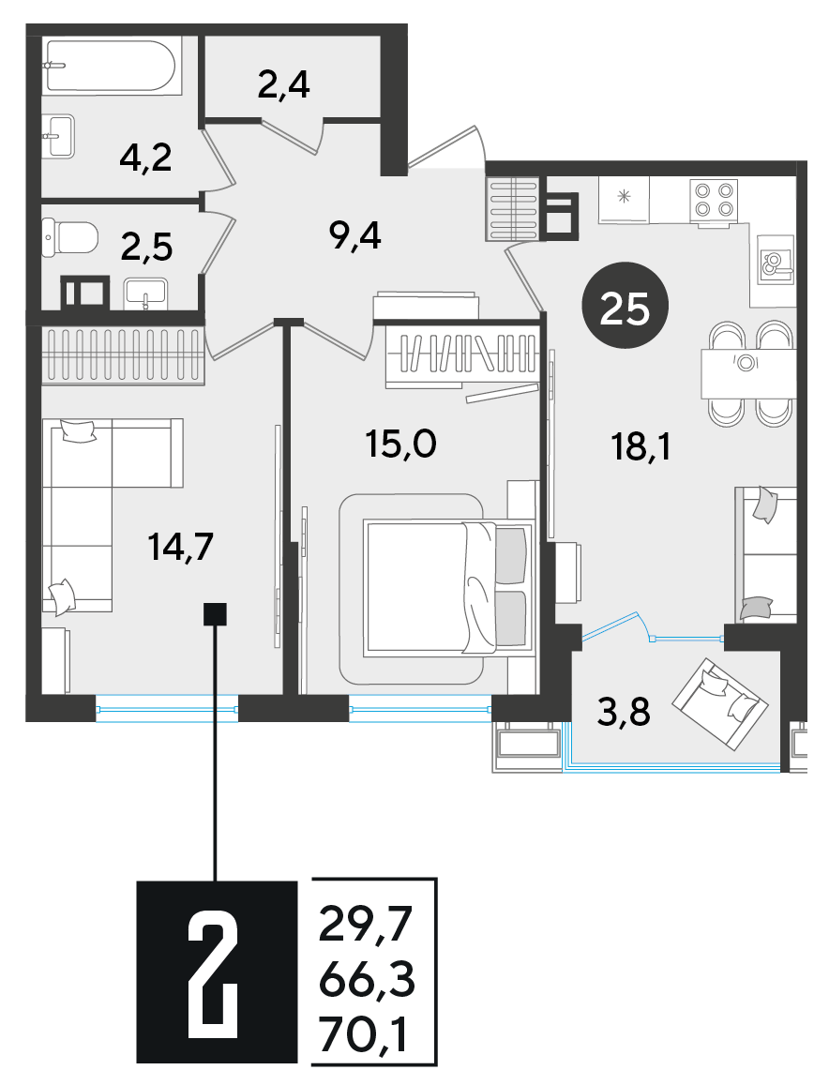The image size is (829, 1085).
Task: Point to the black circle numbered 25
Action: (625, 305)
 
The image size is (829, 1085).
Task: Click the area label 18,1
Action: (641, 447)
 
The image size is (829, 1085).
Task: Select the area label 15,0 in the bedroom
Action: (401, 444)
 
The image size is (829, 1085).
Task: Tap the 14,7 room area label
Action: (181, 547)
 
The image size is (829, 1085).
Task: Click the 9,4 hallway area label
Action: (355, 237)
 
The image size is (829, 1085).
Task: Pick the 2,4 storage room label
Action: (284, 85)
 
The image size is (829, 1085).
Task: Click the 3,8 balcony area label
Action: (625, 712)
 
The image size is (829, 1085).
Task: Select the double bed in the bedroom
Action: (448, 588)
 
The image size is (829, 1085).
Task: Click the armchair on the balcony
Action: (720, 704)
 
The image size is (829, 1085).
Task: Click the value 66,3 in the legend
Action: (367, 981)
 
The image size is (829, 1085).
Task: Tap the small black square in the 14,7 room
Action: (215, 614)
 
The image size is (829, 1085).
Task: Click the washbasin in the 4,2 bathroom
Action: (58, 136)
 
